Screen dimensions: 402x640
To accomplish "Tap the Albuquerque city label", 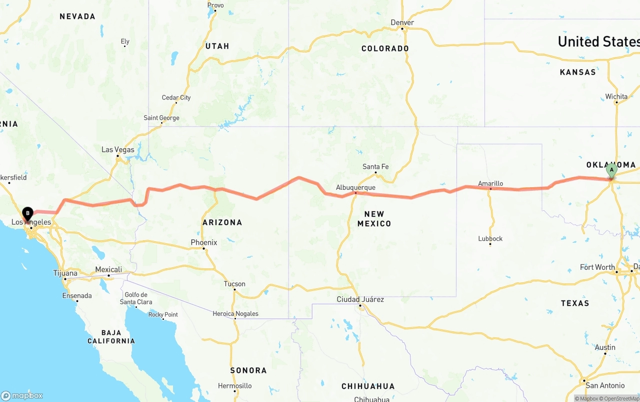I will [355, 187].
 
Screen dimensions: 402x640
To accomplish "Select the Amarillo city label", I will [490, 184].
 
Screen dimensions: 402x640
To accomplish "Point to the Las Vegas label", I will [118, 150].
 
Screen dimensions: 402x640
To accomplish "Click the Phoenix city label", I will [204, 243].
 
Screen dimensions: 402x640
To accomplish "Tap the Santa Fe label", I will [375, 167].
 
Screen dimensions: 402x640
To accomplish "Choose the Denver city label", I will [402, 23].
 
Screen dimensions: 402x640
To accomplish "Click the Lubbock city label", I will [490, 239].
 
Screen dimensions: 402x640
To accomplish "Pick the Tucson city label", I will [234, 284].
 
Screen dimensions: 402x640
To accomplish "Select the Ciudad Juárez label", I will [360, 299].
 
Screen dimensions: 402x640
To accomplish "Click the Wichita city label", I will [616, 97].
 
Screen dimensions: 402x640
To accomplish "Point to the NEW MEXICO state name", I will [374, 219].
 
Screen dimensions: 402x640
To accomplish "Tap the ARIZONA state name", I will [222, 222].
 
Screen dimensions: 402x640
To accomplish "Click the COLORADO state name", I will [385, 49].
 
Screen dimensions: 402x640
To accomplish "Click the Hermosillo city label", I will [234, 386].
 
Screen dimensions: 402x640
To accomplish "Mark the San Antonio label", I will [605, 385].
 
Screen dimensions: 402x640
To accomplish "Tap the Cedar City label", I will [176, 98].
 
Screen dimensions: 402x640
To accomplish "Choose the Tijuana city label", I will [65, 273].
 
